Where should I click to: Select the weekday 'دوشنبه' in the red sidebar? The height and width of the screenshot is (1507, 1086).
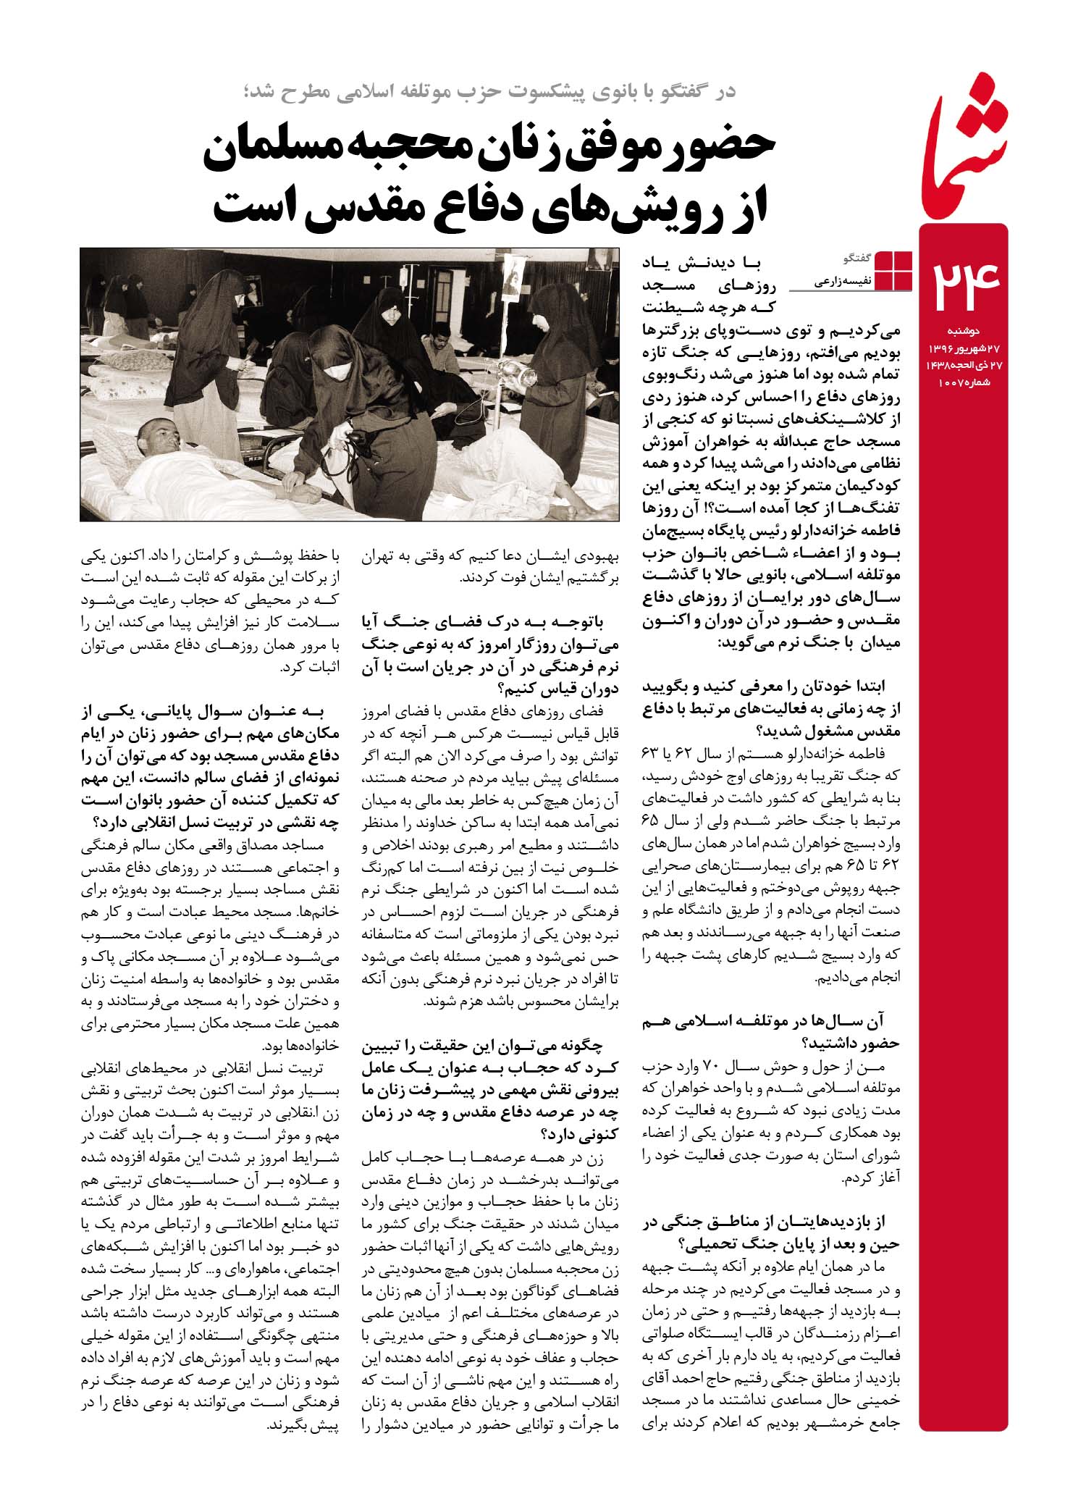point(981,330)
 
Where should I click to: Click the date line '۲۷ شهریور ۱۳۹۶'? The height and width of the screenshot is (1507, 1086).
point(964,348)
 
